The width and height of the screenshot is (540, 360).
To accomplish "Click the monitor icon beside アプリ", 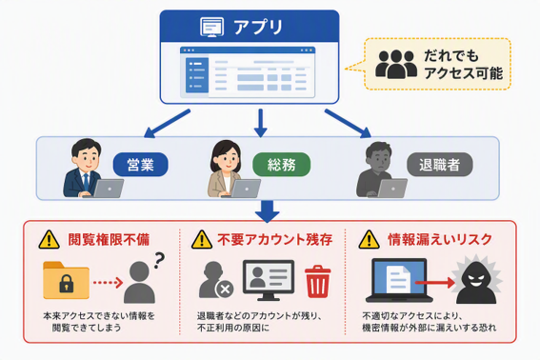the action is point(211,27).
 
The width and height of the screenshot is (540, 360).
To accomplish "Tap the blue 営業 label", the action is point(141,165).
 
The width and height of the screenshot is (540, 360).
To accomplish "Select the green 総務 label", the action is point(281,165).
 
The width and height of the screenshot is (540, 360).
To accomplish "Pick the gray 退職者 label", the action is point(440,165).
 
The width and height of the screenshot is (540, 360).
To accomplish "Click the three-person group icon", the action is point(396,65).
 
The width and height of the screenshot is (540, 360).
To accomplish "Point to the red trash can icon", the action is point(317,282).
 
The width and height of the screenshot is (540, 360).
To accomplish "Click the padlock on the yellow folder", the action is point(67,283).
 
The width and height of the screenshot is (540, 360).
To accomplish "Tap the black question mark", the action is point(159,260).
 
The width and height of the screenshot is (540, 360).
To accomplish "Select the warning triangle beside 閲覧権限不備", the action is point(50,239).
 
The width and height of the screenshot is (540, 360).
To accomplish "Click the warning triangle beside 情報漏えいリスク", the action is point(369,239).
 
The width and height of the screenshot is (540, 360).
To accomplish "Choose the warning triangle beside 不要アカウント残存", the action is point(202,239).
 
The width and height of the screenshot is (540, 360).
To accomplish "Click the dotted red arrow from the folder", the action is point(108,283).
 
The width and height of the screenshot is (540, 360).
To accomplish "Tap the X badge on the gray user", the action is point(225,289).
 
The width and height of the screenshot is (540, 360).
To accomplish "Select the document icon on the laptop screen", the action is point(398,279).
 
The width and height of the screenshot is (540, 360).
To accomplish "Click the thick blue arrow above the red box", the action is point(268,210).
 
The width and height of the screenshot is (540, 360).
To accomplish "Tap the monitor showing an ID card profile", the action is point(269,280).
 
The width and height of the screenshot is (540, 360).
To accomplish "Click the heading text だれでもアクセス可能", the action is point(463,65).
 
